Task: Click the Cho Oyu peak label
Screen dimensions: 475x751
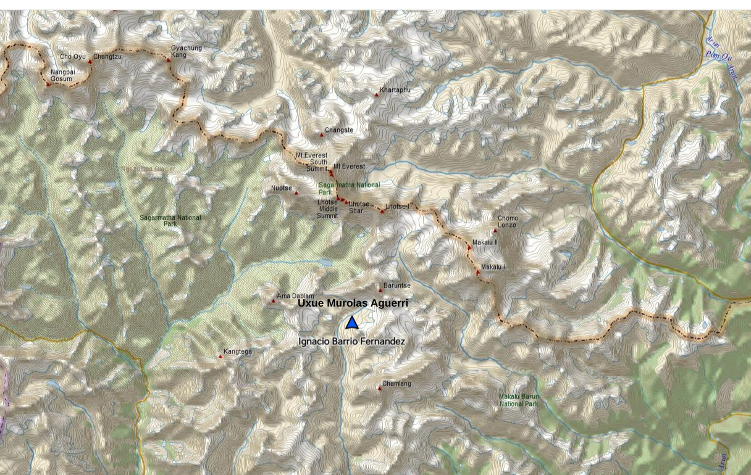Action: [x=72, y=57]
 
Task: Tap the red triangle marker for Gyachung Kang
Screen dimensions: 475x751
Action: [x=169, y=60]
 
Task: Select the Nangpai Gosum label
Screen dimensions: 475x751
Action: [x=62, y=75]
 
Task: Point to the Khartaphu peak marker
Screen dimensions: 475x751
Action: [x=377, y=95]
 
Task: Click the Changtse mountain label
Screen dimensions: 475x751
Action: [x=339, y=130]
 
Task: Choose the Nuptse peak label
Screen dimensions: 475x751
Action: [x=281, y=188]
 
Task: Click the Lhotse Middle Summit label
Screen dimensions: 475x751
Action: [x=327, y=209]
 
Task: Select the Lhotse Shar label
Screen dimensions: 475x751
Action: [x=359, y=207]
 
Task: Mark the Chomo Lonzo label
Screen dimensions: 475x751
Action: [x=508, y=221]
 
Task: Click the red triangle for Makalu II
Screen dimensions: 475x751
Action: [x=469, y=248]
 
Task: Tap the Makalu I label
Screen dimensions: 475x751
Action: [x=493, y=266]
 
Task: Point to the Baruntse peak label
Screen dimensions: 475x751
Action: [x=397, y=286]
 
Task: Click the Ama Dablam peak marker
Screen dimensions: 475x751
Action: [x=274, y=301]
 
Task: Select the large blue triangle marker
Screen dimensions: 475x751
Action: [x=352, y=323]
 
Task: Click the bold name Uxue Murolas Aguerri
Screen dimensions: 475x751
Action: [x=353, y=304]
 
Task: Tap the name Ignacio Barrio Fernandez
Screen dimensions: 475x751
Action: [x=352, y=341]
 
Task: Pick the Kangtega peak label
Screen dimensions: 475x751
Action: [x=238, y=352]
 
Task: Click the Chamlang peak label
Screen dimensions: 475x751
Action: [x=396, y=384]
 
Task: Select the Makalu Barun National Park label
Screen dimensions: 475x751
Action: [x=519, y=400]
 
